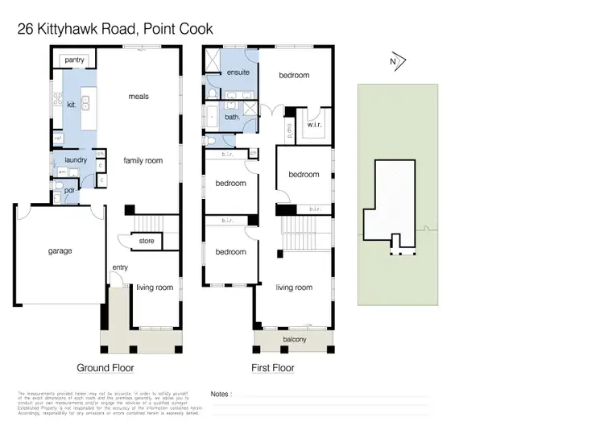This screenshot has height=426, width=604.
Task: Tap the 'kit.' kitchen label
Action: pyautogui.click(x=71, y=105)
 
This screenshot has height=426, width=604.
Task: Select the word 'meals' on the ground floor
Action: pyautogui.click(x=139, y=97)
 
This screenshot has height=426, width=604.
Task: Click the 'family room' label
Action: pyautogui.click(x=143, y=160)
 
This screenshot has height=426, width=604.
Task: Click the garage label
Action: pyautogui.click(x=60, y=251)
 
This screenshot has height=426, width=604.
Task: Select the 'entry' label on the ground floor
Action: pyautogui.click(x=119, y=267)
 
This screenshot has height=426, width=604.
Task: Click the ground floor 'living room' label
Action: pyautogui.click(x=155, y=287)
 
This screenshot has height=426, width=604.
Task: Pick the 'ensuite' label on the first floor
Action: pyautogui.click(x=237, y=72)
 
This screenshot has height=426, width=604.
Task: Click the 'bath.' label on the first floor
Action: pyautogui.click(x=233, y=117)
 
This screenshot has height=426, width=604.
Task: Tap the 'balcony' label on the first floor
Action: pyautogui.click(x=294, y=340)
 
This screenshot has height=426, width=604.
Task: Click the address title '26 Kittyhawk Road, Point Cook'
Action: pyautogui.click(x=115, y=29)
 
